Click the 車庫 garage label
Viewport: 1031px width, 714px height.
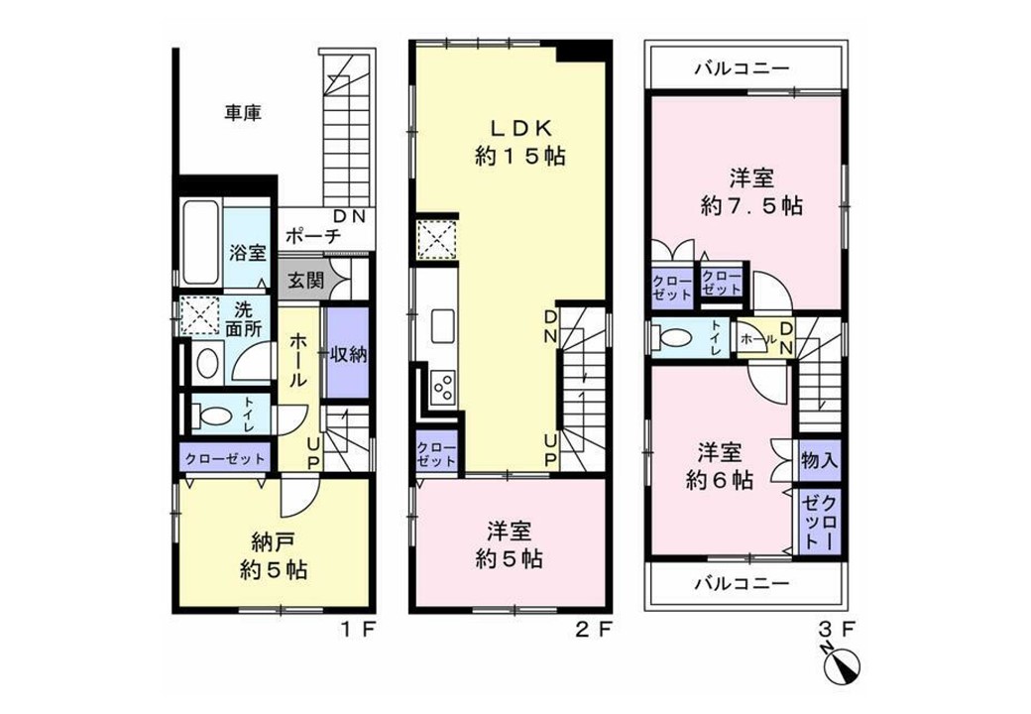243,113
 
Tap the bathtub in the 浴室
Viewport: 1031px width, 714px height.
200,242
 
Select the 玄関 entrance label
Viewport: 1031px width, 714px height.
306,280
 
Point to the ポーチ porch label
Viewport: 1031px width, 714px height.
313,235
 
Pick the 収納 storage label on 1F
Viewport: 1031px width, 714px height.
348,354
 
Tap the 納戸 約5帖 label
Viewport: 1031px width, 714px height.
274,556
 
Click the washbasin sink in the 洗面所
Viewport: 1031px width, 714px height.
208,362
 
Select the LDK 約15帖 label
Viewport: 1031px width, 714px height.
520,142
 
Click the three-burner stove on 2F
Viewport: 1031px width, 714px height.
442,386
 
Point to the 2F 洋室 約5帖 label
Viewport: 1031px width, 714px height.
509,545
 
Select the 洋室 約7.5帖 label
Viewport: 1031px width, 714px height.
751,192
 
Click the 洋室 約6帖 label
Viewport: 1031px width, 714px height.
720,467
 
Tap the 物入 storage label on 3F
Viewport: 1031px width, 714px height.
819,460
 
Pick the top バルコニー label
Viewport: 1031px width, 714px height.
742,68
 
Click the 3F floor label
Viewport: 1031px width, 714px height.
837,630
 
